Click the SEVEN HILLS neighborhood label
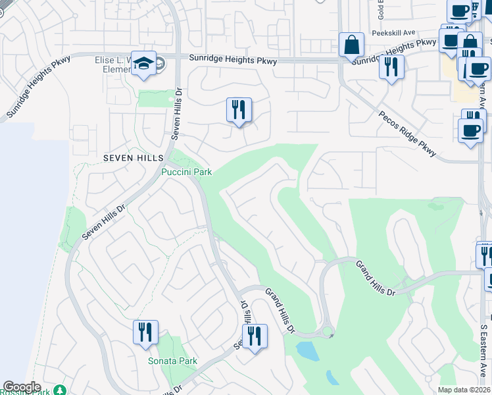129,158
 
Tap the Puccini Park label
187,172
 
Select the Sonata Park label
172,361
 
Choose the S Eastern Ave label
483,350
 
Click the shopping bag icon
352,45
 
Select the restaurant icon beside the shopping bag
391,66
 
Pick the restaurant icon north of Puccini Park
239,110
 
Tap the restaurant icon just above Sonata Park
145,331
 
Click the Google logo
22,388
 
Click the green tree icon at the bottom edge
61,390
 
